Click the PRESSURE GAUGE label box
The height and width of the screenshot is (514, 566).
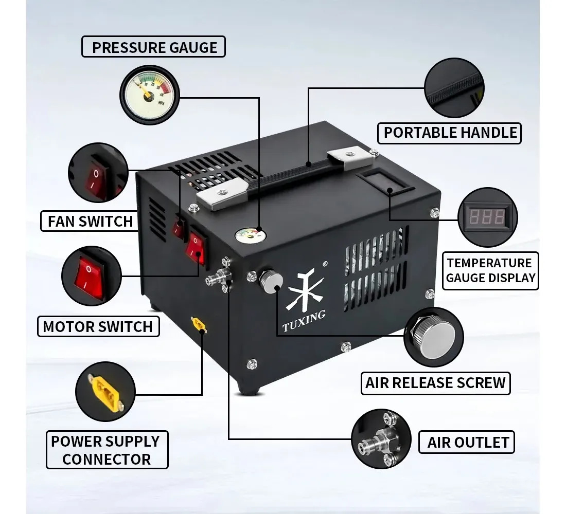[x=153, y=47]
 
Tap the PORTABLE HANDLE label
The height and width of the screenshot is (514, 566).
[x=449, y=133]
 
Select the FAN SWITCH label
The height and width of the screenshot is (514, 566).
[x=90, y=221]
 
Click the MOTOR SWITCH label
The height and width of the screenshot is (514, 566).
[x=98, y=326]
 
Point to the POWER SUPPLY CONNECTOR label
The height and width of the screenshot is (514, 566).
[x=107, y=450]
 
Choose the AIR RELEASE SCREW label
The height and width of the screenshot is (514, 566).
[x=436, y=383]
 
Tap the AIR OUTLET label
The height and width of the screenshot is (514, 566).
[x=467, y=442]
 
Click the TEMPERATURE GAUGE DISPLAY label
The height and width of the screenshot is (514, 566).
[x=490, y=270]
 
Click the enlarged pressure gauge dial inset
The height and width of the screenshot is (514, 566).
[x=150, y=95]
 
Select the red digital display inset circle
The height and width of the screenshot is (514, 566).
[x=487, y=217]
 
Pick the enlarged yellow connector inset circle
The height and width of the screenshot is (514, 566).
[x=105, y=392]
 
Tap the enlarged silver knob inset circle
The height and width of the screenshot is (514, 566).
[x=434, y=337]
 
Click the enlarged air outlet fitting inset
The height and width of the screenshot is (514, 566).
[x=381, y=439]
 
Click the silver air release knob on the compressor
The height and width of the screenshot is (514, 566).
[x=271, y=281]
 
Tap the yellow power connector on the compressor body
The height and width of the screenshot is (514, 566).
[x=199, y=324]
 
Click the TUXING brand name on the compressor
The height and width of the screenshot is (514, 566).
[x=304, y=321]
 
